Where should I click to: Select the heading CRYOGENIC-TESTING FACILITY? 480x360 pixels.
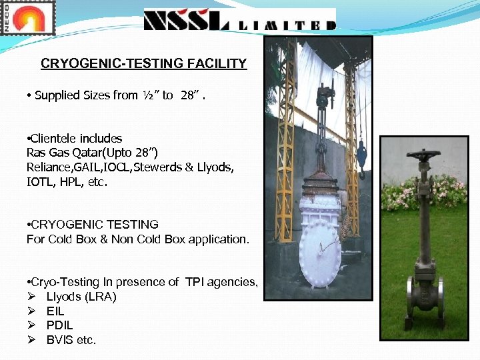(143, 64)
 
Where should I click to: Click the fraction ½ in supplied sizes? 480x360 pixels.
(147, 95)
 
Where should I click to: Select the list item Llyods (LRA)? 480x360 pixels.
(81, 297)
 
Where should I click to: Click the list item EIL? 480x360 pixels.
(55, 311)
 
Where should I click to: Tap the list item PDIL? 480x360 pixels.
(59, 325)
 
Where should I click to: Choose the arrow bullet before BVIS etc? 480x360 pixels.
(31, 340)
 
